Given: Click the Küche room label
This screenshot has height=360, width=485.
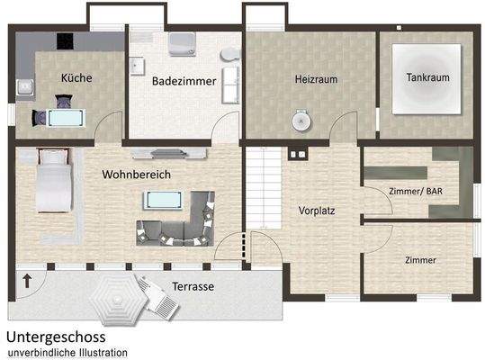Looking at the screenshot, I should (76, 77).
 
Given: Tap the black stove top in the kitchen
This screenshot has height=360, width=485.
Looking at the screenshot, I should (64, 40).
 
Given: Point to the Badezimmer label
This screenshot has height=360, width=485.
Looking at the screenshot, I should (184, 81).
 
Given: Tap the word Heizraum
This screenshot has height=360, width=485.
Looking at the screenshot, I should (315, 79).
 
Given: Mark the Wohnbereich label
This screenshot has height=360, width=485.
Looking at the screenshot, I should (136, 173).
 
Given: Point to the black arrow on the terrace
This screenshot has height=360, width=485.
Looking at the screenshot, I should (25, 280).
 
